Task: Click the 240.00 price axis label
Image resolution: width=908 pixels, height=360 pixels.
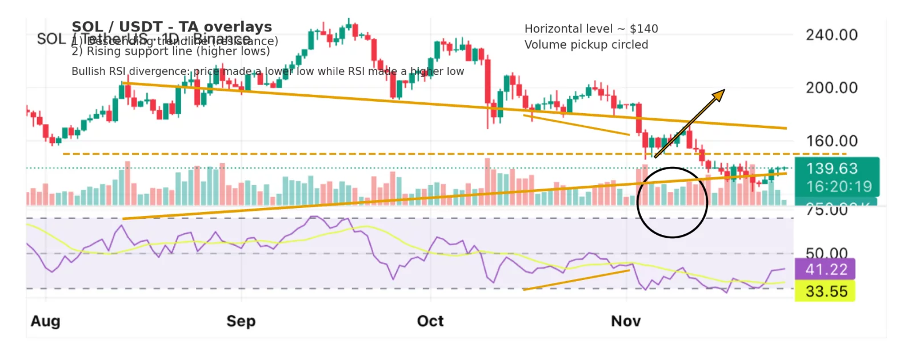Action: (831, 35)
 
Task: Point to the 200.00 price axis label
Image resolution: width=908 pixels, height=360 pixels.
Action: (831, 88)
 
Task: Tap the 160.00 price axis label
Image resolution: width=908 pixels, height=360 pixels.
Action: (831, 141)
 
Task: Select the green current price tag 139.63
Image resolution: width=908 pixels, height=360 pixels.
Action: (831, 169)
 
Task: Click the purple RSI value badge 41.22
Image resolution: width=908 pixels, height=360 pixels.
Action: (826, 269)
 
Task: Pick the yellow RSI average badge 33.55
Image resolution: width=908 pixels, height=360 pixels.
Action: (826, 291)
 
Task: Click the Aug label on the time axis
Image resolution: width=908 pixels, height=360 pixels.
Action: (45, 321)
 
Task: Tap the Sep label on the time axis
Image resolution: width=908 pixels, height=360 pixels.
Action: (241, 321)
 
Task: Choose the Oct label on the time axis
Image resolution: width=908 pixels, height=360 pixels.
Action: (430, 321)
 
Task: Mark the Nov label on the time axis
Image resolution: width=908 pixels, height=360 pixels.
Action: (626, 321)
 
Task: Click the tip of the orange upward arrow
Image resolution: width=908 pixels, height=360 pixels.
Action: (724, 90)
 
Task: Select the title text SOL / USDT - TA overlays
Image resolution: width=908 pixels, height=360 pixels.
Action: (171, 27)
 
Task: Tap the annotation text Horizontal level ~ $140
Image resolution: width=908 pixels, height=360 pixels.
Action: (591, 29)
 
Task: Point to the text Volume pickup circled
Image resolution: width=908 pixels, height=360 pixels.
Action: (586, 45)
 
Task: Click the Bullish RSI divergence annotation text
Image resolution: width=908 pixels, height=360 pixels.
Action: (267, 71)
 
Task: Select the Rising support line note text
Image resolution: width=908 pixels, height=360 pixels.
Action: (170, 51)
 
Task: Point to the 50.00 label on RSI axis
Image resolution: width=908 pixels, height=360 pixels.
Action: (826, 253)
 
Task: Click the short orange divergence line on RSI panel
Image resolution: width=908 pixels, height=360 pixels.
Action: (576, 279)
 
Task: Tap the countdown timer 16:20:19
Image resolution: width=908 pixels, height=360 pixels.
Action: (838, 186)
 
